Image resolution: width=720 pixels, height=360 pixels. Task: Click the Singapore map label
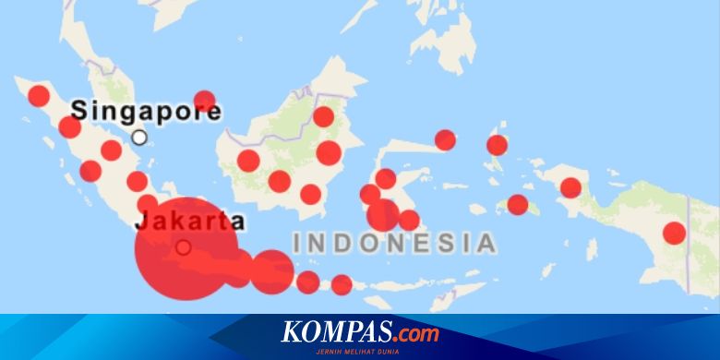[x=146, y=112]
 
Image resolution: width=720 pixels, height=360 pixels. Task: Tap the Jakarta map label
[x=190, y=222]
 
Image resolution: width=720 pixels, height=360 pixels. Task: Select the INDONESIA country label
[x=394, y=244]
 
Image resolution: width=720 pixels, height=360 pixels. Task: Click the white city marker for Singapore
[x=139, y=138]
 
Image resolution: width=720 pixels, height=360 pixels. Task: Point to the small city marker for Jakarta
[x=184, y=247]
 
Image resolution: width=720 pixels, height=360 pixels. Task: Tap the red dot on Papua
[x=675, y=233]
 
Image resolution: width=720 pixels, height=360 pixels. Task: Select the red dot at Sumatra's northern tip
[x=39, y=96]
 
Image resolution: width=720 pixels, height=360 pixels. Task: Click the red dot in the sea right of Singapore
[x=205, y=102]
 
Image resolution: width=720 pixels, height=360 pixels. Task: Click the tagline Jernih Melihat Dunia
[x=360, y=349]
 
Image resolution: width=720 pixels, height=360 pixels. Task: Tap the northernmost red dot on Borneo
[x=323, y=116]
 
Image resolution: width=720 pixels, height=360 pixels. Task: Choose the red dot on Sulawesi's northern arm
[x=445, y=139]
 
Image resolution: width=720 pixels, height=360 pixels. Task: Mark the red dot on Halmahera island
[x=498, y=145]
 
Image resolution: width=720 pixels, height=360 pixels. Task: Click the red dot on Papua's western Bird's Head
[x=571, y=187]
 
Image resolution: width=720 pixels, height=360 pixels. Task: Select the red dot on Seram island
[x=518, y=205]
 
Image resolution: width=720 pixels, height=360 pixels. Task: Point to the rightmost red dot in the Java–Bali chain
[x=342, y=284]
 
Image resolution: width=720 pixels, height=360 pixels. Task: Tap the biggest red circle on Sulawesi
[x=383, y=215]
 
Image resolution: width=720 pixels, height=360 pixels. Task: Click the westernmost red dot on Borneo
[x=248, y=161]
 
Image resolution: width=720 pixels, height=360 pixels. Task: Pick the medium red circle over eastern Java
[x=272, y=271]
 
